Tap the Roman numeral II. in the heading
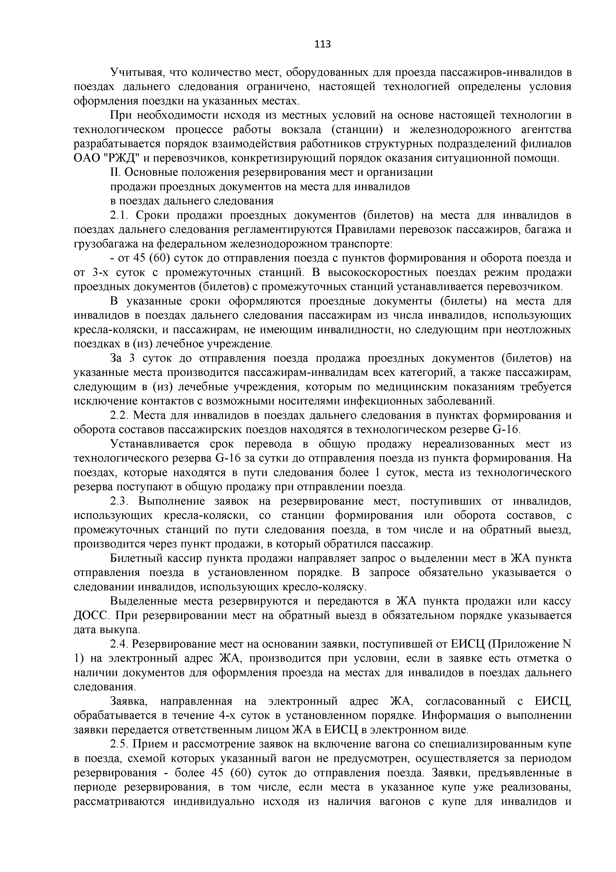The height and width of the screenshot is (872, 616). [x=115, y=173]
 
